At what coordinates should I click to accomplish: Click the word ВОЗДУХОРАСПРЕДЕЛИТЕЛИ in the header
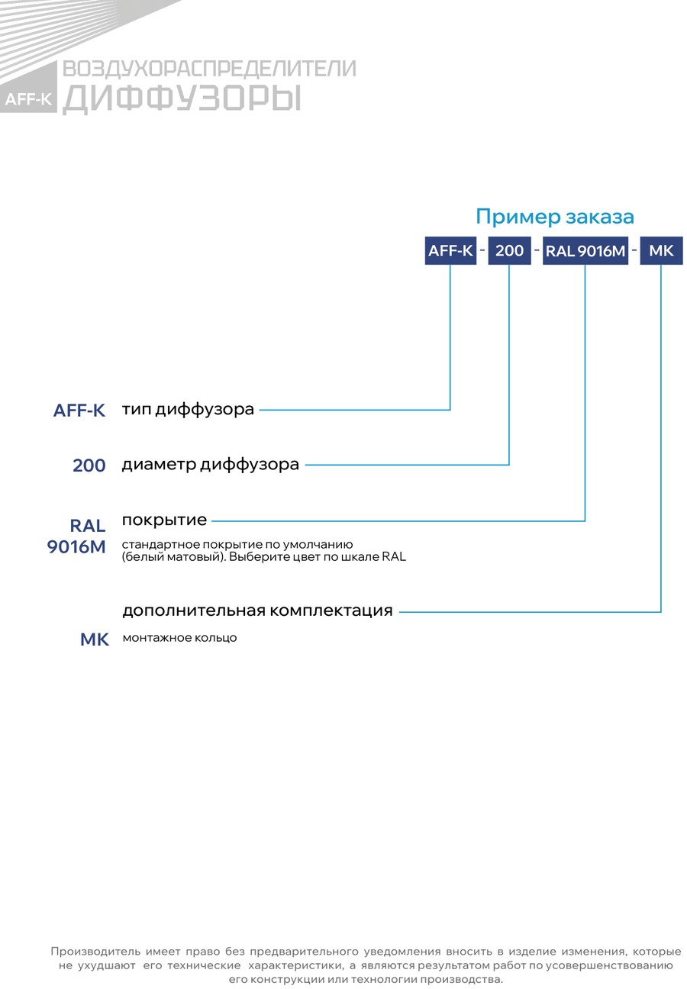point(209,69)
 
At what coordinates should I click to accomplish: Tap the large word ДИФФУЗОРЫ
point(182,98)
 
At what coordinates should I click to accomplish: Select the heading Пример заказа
point(554,217)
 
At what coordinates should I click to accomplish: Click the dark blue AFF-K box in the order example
point(450,251)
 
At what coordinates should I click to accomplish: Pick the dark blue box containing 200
point(509,251)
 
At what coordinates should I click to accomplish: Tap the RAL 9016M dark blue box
point(585,251)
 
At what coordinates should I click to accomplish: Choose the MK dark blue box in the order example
point(661,251)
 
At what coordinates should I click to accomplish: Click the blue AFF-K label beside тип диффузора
point(79,411)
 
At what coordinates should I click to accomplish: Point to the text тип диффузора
point(188,410)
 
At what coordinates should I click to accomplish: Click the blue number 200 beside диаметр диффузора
point(89,466)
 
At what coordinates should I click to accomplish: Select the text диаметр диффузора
point(211,465)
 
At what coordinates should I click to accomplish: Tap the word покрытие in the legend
point(164,520)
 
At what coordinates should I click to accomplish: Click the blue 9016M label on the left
point(76,547)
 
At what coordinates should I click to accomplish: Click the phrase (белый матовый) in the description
point(174,557)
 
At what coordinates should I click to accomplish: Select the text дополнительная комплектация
point(257,610)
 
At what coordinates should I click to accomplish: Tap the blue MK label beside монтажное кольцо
point(95,639)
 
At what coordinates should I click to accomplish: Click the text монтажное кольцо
point(179,638)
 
